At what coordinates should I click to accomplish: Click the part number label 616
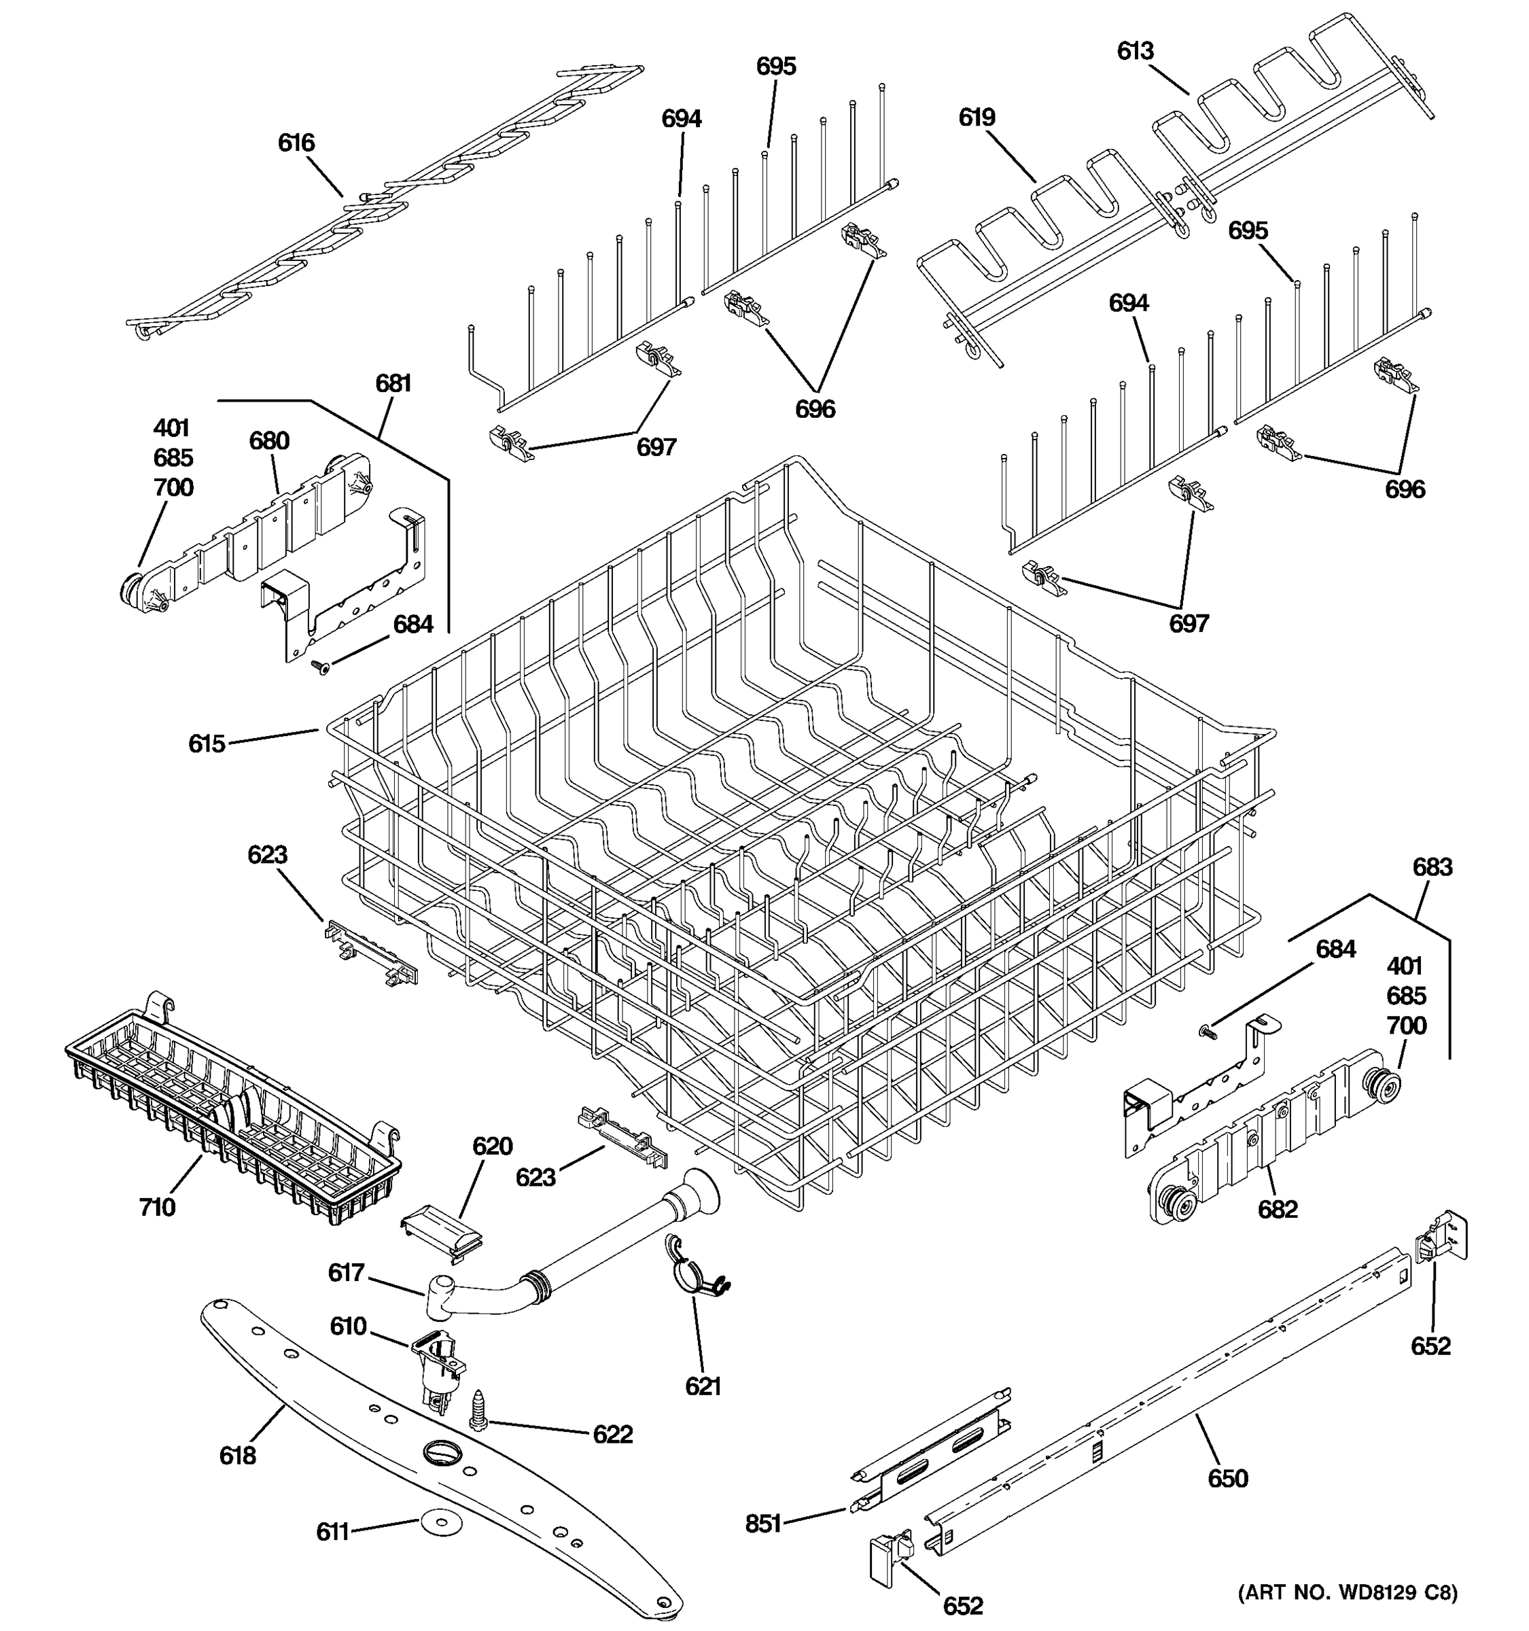click(296, 143)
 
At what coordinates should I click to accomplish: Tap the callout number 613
click(1136, 51)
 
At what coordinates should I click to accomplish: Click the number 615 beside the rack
click(206, 743)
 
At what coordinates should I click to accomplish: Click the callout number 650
click(1227, 1478)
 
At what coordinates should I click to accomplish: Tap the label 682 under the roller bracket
click(1277, 1209)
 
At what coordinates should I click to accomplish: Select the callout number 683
click(1433, 867)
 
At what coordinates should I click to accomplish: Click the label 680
click(269, 440)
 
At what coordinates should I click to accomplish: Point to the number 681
click(393, 383)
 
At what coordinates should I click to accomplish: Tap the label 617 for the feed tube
click(346, 1272)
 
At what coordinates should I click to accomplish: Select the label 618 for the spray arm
click(237, 1456)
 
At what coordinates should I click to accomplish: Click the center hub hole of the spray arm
click(443, 1452)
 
